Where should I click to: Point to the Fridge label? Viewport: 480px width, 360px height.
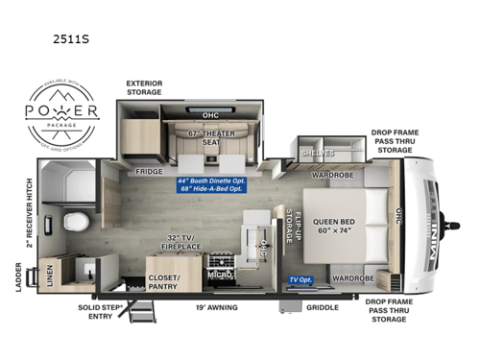pyautogui.click(x=149, y=172)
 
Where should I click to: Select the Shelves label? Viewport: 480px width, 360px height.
pyautogui.click(x=316, y=153)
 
